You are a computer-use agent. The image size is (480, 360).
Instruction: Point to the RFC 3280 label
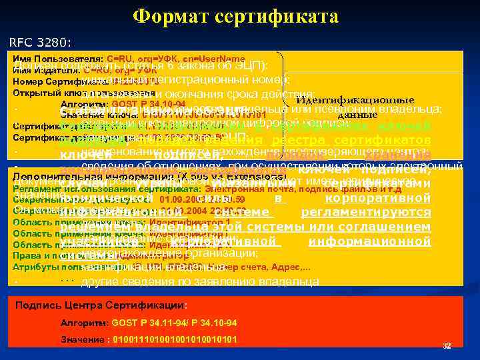pos(41,43)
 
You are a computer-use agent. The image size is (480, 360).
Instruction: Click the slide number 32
pos(447,345)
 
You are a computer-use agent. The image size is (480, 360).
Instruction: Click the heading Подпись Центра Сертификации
pos(103,305)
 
